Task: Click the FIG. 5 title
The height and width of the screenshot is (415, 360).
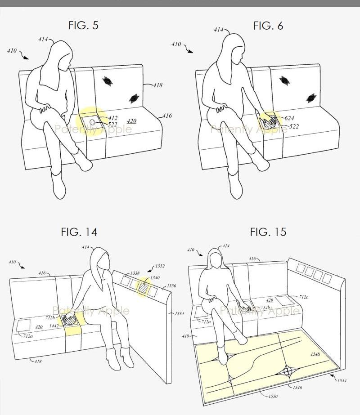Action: (x=83, y=26)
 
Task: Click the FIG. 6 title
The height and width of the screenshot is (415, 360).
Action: (x=268, y=26)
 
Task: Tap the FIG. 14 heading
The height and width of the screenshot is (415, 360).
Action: (x=79, y=232)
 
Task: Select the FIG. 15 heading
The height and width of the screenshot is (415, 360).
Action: (x=268, y=232)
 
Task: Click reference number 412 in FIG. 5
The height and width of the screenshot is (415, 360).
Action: (x=113, y=118)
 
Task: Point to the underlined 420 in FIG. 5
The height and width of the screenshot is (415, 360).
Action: (x=131, y=121)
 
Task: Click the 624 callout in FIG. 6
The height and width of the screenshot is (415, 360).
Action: (x=289, y=118)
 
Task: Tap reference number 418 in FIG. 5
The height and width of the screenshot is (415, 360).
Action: (x=157, y=85)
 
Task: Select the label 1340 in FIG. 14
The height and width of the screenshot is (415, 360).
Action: (x=155, y=277)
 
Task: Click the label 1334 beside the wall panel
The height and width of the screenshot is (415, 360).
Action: (x=180, y=314)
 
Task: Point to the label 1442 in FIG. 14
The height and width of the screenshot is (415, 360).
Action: (x=54, y=326)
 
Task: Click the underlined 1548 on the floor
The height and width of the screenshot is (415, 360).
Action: (x=315, y=354)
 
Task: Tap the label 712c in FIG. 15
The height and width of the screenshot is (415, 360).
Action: (x=304, y=297)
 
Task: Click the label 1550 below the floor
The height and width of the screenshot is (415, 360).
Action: (x=273, y=396)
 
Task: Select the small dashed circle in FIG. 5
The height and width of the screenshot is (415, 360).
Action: (x=93, y=122)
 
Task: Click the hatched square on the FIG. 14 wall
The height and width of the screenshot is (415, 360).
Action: (x=144, y=288)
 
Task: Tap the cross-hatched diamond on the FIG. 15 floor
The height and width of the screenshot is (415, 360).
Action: (x=288, y=371)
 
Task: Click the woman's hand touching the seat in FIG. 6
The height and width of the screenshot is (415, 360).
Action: (x=270, y=121)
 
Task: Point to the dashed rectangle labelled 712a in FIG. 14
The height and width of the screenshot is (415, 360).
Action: (x=23, y=325)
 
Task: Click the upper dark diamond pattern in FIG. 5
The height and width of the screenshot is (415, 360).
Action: (x=107, y=80)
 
